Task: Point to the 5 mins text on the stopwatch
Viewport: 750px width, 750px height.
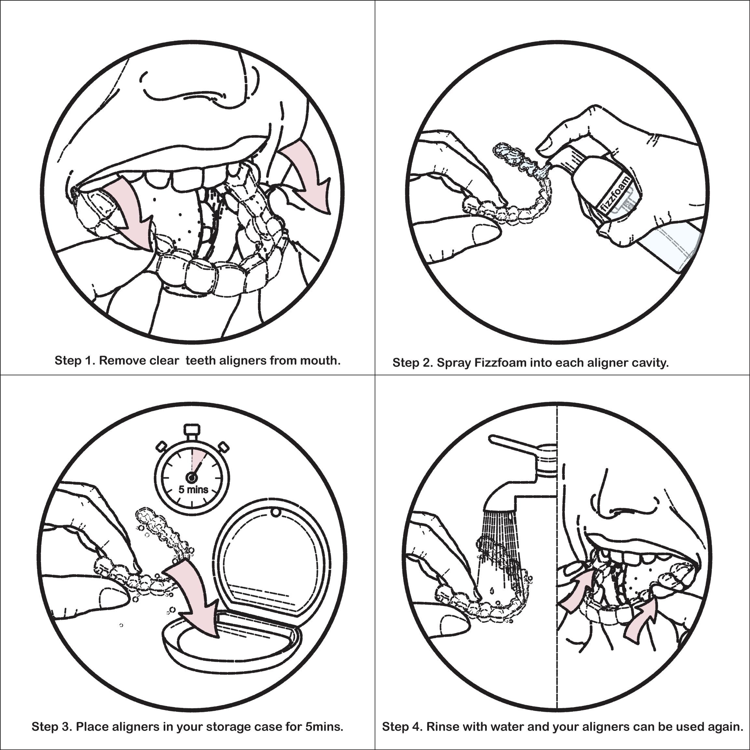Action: (x=193, y=489)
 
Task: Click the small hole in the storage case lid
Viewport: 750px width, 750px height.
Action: (x=276, y=513)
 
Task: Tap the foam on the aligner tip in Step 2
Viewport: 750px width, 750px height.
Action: (x=509, y=153)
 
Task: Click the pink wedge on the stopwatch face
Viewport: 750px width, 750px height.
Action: (x=198, y=458)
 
